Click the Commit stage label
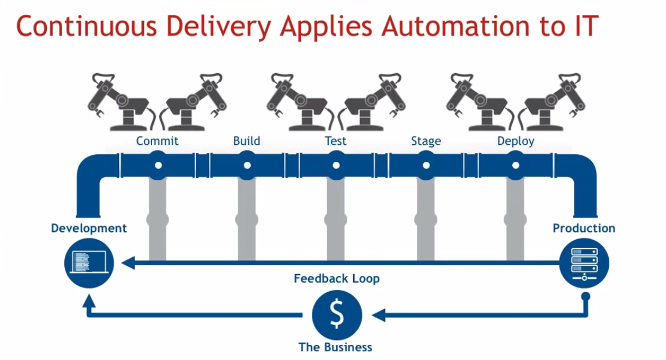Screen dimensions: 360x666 [x=157, y=141]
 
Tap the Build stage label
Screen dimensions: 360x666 [x=246, y=141]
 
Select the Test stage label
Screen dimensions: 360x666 [x=335, y=141]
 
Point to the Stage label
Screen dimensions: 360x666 [x=426, y=141]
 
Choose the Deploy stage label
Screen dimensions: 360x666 [x=516, y=141]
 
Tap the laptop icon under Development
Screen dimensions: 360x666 [x=89, y=264]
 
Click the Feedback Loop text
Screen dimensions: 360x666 [x=336, y=279]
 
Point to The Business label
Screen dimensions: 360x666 [x=335, y=347]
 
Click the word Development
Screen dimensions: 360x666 [x=89, y=228]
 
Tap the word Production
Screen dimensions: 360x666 [x=584, y=228]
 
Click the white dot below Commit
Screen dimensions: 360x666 [x=158, y=165]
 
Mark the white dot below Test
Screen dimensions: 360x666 [x=336, y=165]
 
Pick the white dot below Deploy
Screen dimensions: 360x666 [x=515, y=165]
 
